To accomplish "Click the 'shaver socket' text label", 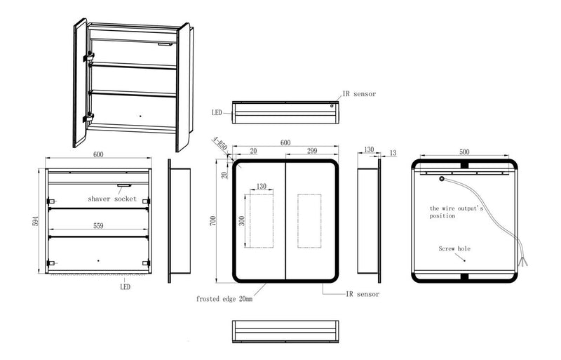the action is tap(112, 199).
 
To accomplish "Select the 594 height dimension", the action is tap(35, 221).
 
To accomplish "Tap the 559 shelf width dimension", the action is tap(98, 226).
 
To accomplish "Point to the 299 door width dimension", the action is tap(312, 151).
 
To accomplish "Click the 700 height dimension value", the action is tap(213, 221).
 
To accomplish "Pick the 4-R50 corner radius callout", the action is tap(219, 143).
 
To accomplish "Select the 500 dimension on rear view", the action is tap(464, 152).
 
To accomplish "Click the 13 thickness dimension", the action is tap(393, 153).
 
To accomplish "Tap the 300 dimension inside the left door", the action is tap(242, 220).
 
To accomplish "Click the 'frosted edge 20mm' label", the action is tap(224, 299).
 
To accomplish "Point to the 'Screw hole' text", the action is tap(454, 248).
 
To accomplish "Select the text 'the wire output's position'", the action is tap(457, 212).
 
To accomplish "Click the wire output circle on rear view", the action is tap(442, 179).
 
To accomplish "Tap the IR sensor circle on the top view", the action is tap(332, 106).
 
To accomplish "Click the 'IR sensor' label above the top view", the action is tap(359, 94).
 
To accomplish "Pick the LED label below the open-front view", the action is tap(126, 286).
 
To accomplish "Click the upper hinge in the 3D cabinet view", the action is tap(88, 57).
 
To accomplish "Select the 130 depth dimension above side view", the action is tap(369, 149).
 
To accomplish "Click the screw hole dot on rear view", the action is tap(465, 260).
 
